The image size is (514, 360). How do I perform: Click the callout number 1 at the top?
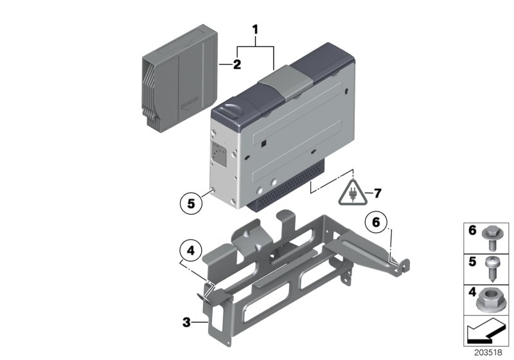point(255,30)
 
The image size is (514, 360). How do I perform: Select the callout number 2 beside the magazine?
point(236,64)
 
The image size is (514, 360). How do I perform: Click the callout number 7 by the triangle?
point(378,192)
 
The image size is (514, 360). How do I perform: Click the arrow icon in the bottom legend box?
point(486,333)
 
